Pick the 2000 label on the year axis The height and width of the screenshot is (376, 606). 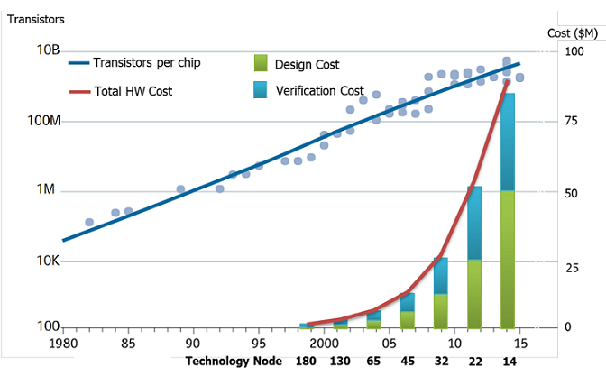[323, 344]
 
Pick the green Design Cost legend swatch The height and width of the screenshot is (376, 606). [260, 63]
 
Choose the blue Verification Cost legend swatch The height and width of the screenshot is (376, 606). [260, 89]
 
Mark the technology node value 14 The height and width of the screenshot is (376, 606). [509, 362]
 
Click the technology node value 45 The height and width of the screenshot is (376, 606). [408, 362]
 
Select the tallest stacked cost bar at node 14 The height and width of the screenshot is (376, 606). [508, 211]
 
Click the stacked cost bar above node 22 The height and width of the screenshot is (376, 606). [474, 257]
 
